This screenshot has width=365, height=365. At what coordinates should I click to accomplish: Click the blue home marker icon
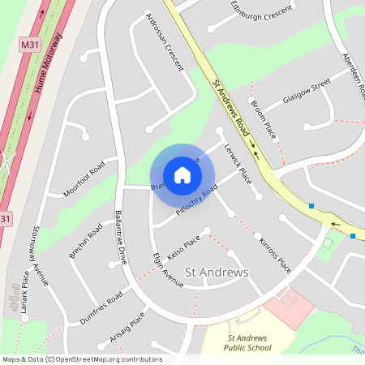(182, 175)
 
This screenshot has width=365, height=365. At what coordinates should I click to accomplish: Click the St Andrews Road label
(231, 106)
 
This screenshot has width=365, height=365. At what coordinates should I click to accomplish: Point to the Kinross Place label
(274, 252)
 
